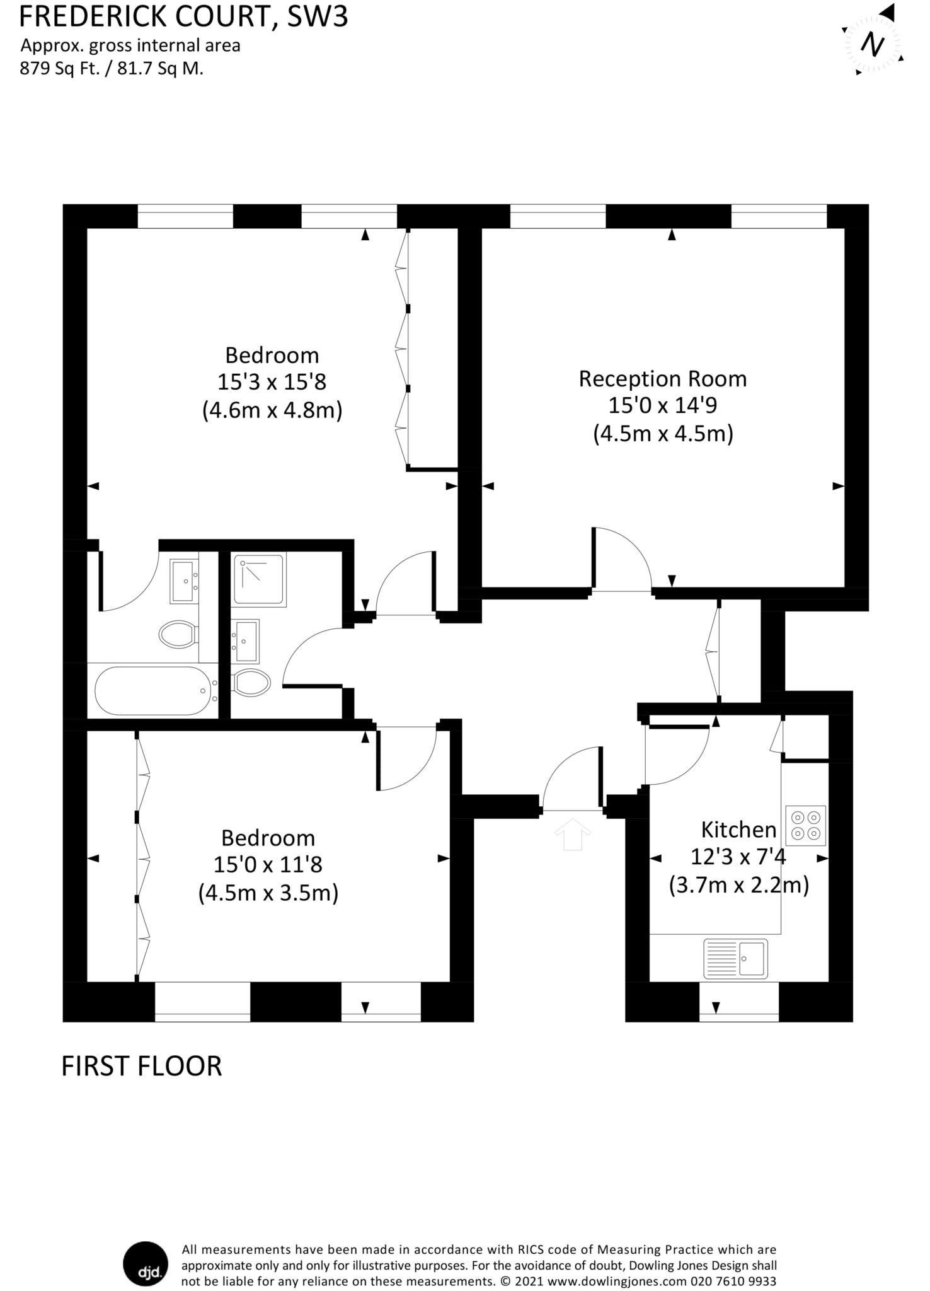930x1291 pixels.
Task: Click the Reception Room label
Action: [x=663, y=379]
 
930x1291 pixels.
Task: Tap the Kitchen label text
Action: [x=738, y=829]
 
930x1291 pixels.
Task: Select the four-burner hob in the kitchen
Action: [x=806, y=826]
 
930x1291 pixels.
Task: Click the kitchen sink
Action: [x=735, y=958]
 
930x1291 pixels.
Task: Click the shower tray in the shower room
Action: [x=259, y=579]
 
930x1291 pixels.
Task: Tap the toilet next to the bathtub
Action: [x=178, y=634]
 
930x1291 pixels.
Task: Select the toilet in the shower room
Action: [x=251, y=682]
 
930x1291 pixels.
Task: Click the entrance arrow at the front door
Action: [x=572, y=834]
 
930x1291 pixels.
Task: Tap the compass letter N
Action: [x=873, y=45]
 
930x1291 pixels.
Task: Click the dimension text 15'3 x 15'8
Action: [x=272, y=383]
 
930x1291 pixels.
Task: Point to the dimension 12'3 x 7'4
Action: [x=738, y=857]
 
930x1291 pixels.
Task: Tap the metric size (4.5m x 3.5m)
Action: [x=268, y=893]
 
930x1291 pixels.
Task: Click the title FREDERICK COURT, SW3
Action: [x=183, y=17]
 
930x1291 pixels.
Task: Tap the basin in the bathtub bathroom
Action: [x=184, y=581]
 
